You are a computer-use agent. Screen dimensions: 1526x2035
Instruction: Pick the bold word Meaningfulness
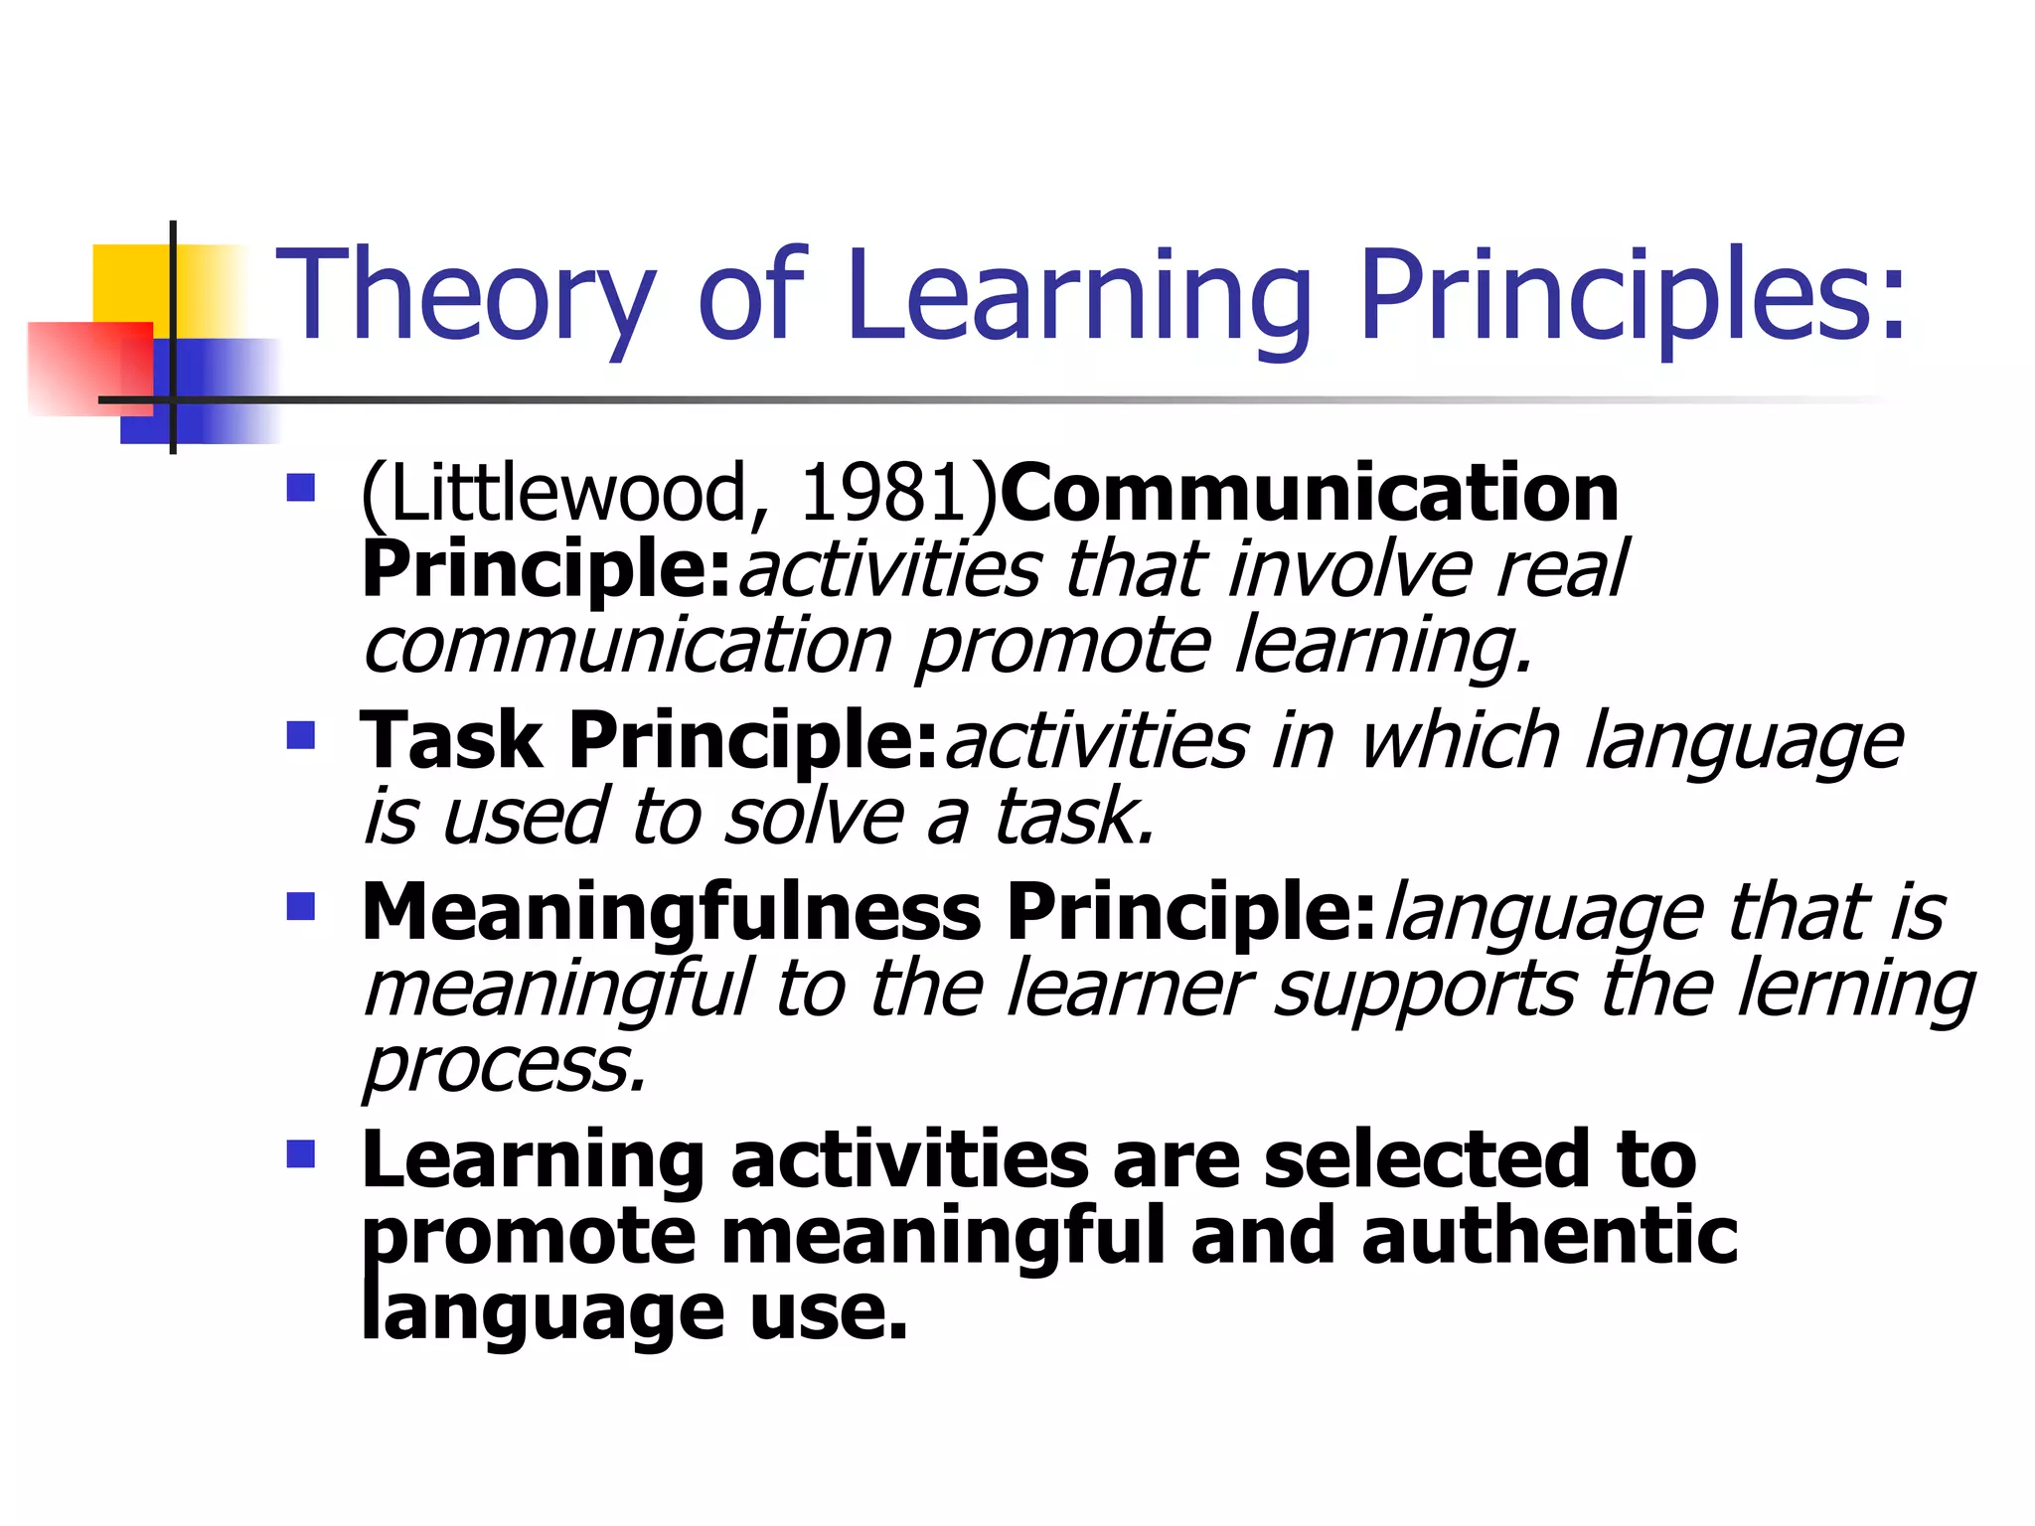click(672, 912)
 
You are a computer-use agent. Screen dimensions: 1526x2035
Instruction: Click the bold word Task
click(452, 741)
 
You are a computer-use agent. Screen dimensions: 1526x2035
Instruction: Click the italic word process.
click(505, 1065)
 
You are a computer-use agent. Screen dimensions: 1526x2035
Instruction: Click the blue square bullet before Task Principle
click(300, 736)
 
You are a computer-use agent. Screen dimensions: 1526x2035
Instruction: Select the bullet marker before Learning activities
click(300, 1153)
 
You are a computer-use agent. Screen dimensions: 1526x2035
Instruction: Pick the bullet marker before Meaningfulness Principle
click(300, 906)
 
